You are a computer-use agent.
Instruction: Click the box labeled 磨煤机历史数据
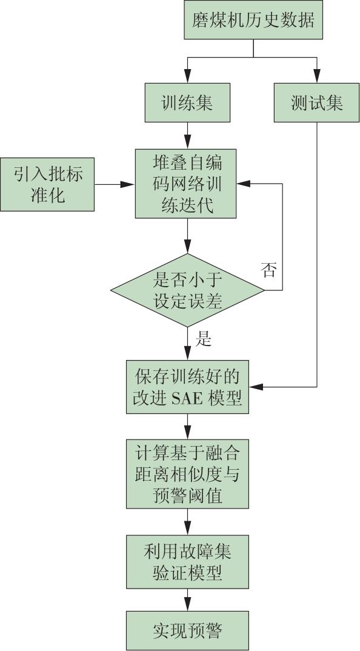(x=253, y=19)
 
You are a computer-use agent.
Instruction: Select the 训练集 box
(x=187, y=102)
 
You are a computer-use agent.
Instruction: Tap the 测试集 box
(x=317, y=102)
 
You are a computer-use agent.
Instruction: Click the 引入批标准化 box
(x=47, y=184)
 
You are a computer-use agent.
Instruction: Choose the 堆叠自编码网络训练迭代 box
(x=186, y=184)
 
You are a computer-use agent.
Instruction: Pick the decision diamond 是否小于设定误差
(x=187, y=290)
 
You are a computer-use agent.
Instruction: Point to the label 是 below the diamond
(x=204, y=339)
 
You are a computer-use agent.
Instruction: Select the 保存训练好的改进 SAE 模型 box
(x=188, y=387)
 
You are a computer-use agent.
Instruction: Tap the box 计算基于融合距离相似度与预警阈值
(x=188, y=474)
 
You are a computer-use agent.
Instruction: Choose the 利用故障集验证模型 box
(x=188, y=562)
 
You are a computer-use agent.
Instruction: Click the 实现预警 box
(x=188, y=630)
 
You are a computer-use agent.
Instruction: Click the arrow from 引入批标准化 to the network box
(x=115, y=184)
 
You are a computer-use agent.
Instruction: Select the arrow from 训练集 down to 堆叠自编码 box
(x=187, y=136)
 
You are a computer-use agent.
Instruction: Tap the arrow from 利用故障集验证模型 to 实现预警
(x=188, y=599)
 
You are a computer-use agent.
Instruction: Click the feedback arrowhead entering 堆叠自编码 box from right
(x=244, y=184)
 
